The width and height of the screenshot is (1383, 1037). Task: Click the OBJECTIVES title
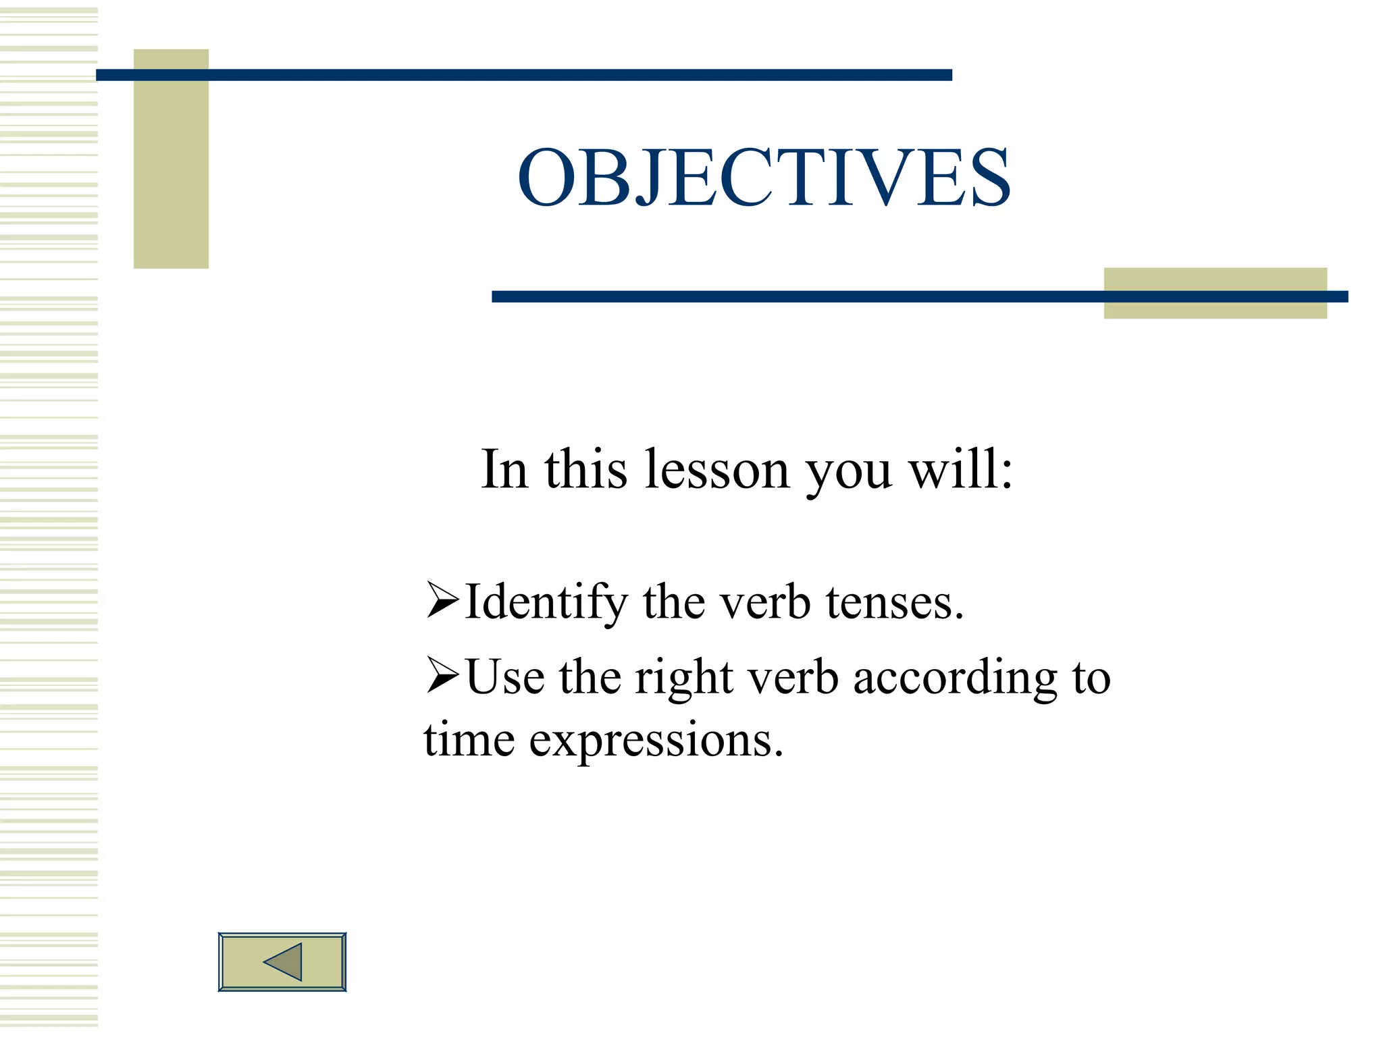[x=764, y=178]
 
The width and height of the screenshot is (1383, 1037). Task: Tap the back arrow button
[x=282, y=961]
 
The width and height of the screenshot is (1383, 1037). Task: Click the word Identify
[x=546, y=602]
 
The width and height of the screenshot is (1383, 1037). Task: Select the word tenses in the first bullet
[x=895, y=602]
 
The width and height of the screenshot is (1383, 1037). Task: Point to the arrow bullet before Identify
[x=442, y=600]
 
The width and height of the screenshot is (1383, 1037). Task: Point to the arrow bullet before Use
[x=442, y=676]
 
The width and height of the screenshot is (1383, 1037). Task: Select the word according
[x=955, y=678]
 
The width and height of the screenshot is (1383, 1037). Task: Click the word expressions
[x=656, y=741]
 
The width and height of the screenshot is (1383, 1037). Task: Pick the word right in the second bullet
[x=683, y=678]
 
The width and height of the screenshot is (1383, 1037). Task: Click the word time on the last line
[x=469, y=739]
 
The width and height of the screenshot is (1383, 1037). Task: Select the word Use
[x=505, y=678]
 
